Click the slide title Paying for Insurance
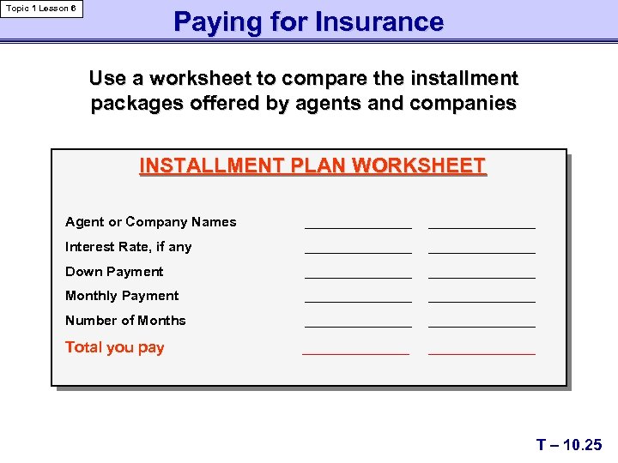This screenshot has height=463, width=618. (308, 21)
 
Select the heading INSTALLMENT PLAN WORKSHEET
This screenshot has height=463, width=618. (312, 165)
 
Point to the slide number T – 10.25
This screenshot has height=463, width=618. (569, 444)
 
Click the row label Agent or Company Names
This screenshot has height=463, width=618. (150, 222)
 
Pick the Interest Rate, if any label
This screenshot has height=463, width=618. (128, 247)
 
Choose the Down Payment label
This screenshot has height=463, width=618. (114, 272)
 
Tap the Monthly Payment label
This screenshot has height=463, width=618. (122, 296)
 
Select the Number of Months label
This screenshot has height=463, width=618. (125, 321)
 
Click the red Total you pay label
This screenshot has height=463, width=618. (114, 347)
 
